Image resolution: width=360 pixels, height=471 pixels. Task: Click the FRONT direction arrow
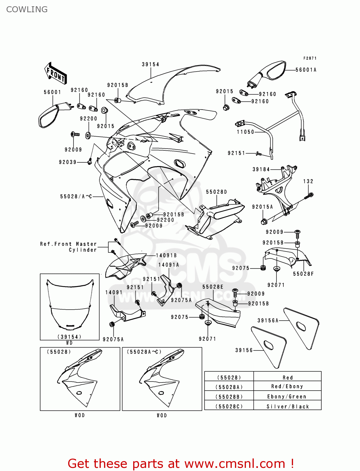[x=55, y=73]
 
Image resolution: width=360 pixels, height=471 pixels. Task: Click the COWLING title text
[x=27, y=9]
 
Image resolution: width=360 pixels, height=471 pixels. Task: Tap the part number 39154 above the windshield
[x=150, y=64]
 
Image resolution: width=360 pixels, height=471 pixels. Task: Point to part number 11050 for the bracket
[x=245, y=132]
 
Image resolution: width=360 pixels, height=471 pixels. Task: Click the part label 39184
[x=261, y=169]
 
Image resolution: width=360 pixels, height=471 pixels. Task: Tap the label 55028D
[x=216, y=192]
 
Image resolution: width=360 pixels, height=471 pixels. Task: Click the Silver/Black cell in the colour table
[x=287, y=406]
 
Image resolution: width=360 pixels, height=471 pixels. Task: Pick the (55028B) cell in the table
[x=229, y=397]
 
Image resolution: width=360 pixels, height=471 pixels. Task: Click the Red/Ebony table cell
[x=287, y=387]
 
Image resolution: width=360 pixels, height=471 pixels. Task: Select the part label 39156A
[x=268, y=321]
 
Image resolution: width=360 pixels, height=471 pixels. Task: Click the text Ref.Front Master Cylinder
[x=68, y=247]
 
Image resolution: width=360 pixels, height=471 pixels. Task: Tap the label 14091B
[x=166, y=256]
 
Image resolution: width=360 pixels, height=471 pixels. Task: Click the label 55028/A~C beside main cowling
[x=76, y=197]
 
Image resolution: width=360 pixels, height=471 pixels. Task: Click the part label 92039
[x=68, y=162]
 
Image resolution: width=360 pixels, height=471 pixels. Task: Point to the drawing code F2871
[x=310, y=58]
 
